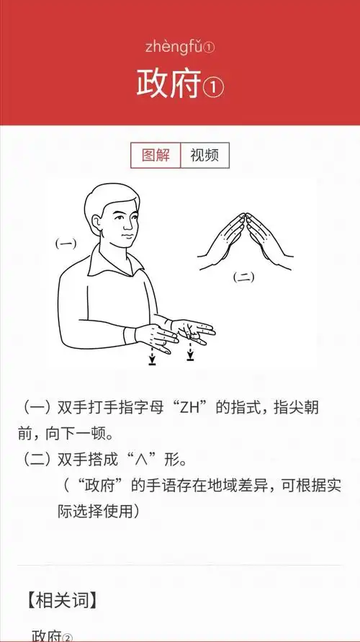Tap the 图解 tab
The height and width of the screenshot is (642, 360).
point(155,155)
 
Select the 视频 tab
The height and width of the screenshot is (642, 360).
point(204,155)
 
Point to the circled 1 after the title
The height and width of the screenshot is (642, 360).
point(214,87)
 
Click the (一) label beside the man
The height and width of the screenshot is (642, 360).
point(66,244)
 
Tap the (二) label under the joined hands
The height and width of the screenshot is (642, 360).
point(243,277)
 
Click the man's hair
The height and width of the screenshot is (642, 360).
point(108,198)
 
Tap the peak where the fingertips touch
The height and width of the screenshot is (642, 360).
point(246,214)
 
